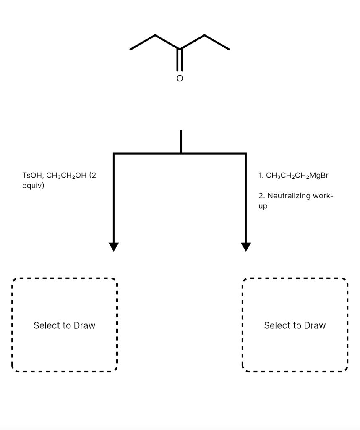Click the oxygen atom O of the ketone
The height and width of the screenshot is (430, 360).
(180, 79)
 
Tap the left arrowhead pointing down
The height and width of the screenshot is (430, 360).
(114, 246)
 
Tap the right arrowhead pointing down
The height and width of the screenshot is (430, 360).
(246, 246)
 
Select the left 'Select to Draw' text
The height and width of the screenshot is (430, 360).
(64, 325)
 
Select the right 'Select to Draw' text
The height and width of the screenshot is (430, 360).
(295, 325)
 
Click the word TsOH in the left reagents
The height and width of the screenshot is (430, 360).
(31, 176)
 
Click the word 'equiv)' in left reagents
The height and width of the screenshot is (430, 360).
(33, 185)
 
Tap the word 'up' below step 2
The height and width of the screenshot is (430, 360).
(263, 206)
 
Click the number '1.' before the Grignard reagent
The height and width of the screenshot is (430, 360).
(261, 176)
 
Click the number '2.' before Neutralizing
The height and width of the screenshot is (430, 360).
(262, 196)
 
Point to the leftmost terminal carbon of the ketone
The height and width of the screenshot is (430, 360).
(130, 50)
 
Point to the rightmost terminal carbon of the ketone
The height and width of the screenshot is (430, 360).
(229, 50)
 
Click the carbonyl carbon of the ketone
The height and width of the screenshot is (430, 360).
(180, 49)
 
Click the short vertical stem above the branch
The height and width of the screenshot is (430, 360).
(181, 142)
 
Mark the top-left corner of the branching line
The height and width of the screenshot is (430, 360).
(114, 154)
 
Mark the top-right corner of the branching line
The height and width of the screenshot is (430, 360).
(246, 154)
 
